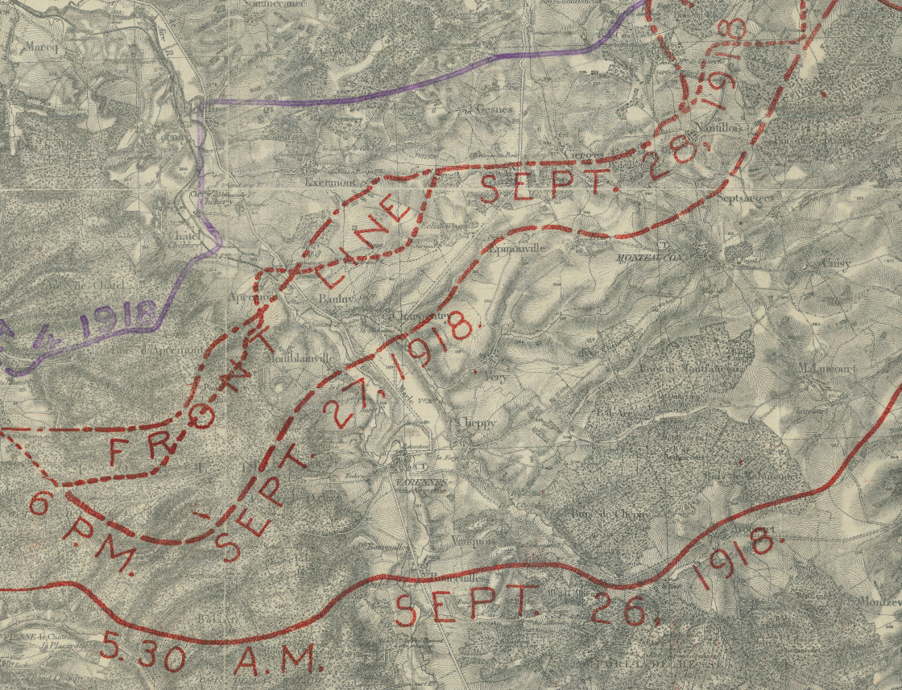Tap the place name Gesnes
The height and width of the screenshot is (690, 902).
(x=494, y=109)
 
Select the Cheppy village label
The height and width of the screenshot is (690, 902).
(x=476, y=422)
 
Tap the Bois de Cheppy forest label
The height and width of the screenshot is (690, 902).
(x=609, y=514)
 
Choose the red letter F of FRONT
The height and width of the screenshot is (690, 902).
(x=125, y=452)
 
